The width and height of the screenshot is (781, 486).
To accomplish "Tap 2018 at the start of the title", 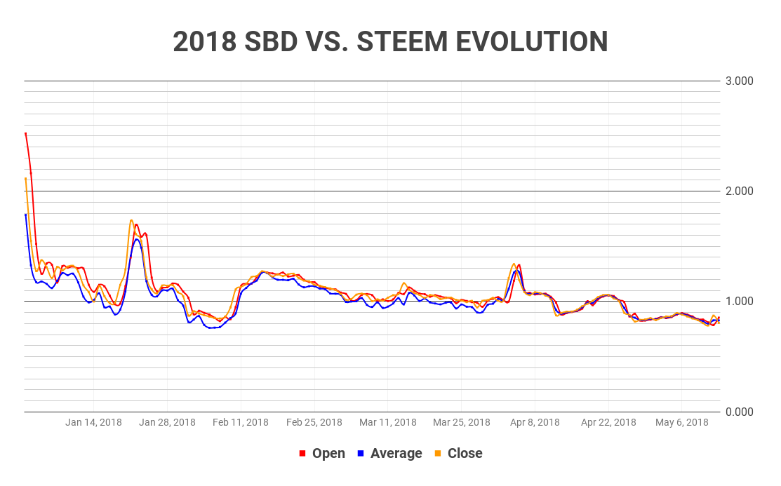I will [x=205, y=42].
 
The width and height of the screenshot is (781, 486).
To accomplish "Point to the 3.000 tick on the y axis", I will [x=738, y=81].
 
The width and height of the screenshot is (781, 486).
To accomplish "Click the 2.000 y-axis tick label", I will [x=738, y=191].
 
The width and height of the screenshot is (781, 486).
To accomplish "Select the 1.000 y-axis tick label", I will [x=738, y=302].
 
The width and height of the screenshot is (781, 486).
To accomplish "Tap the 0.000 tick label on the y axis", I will [x=738, y=412].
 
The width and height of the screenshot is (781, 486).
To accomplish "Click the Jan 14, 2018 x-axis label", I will [x=93, y=422].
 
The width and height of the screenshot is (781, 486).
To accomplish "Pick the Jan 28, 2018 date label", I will [x=167, y=422].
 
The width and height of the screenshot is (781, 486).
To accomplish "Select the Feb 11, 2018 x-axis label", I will [x=241, y=422].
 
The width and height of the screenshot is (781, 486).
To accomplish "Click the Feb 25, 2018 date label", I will [x=314, y=422].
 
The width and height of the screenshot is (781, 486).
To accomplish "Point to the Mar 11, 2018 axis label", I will [x=388, y=422].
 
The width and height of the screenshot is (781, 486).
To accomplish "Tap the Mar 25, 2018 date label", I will [x=462, y=422].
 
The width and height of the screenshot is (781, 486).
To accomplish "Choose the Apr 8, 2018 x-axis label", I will [x=535, y=422].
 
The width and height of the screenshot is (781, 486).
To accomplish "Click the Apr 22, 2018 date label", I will [x=608, y=422].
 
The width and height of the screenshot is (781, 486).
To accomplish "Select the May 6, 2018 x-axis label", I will [x=681, y=422].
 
